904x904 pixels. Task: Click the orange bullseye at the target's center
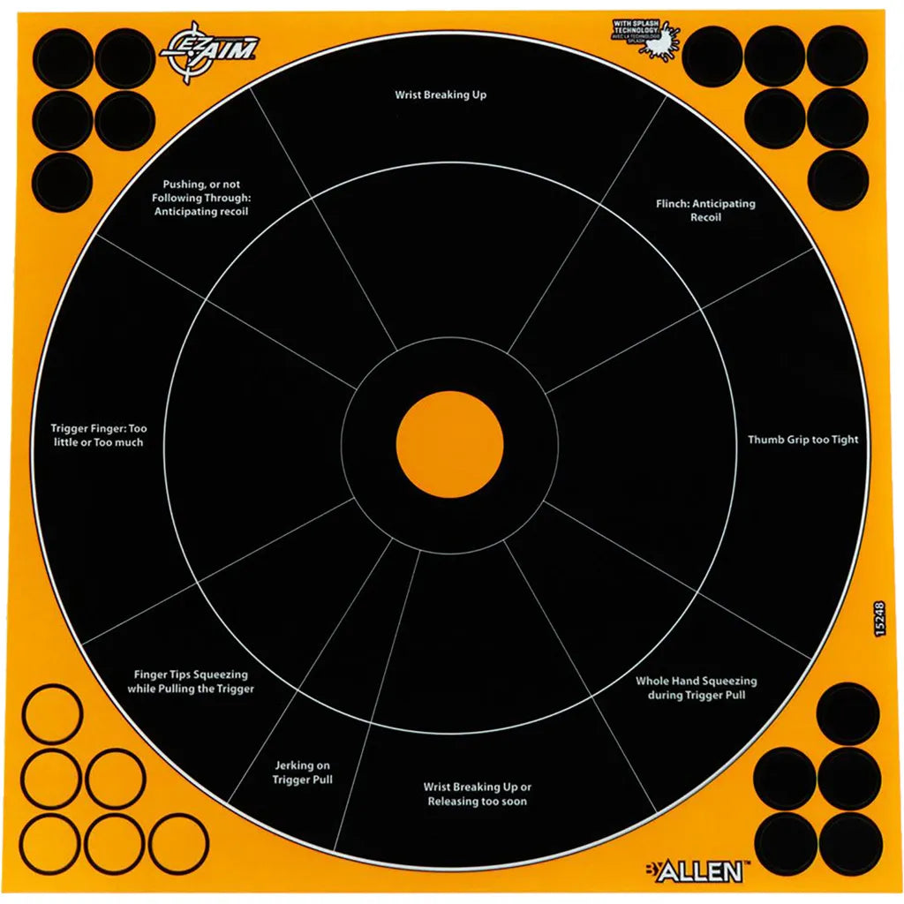pos(449,443)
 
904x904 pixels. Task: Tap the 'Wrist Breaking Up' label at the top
pos(441,94)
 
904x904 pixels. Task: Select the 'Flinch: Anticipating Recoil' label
pos(705,210)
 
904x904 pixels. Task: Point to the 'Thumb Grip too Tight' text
pos(802,440)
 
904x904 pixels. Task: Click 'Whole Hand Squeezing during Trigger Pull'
pos(696,688)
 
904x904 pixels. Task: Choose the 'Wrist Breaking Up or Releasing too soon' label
pos(477,794)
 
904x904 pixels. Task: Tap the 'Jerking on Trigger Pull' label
pos(302,772)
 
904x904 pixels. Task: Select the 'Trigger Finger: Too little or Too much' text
pos(97,435)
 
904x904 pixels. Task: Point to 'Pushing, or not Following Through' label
pos(201,198)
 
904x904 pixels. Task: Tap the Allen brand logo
pos(702,872)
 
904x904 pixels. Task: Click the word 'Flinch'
pos(672,204)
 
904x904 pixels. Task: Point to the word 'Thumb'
pos(765,440)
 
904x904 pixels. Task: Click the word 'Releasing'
pos(456,802)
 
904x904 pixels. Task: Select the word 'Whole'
pos(653,682)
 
